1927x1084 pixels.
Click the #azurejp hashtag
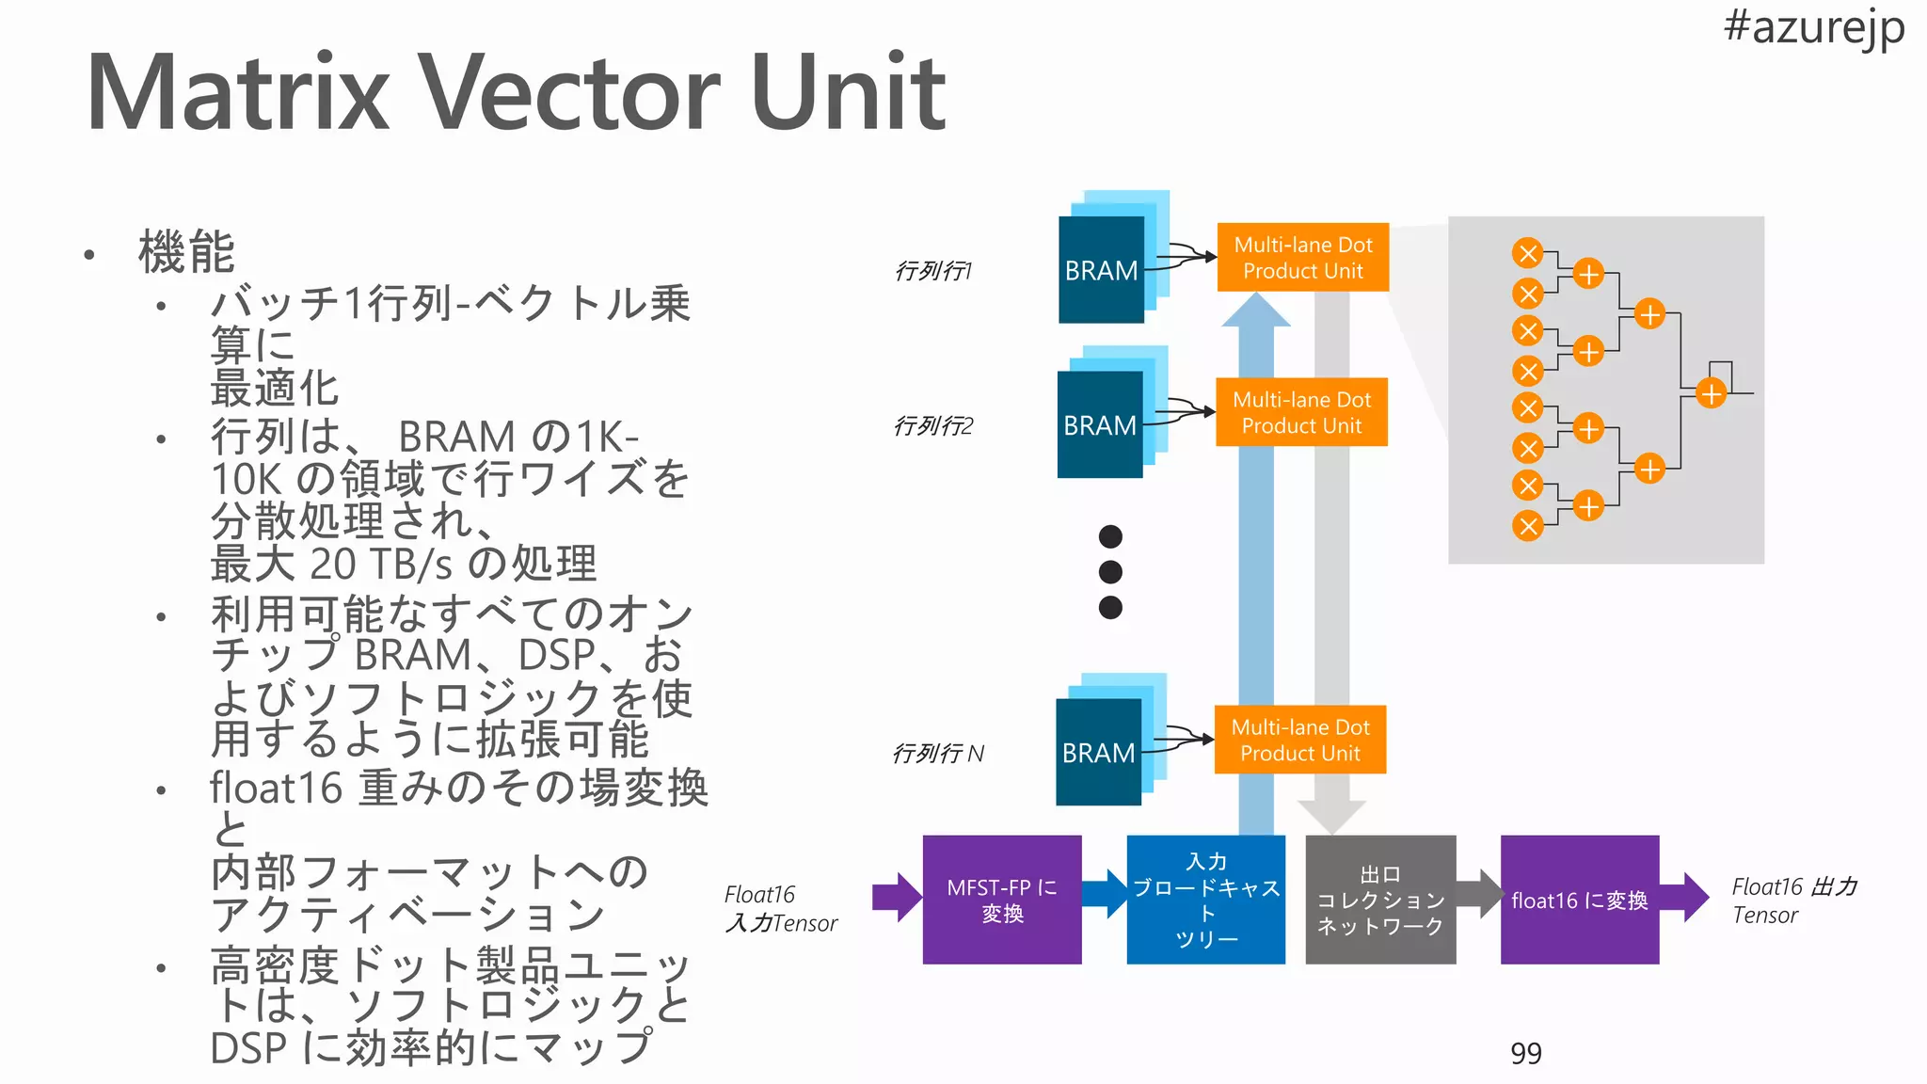(x=1813, y=26)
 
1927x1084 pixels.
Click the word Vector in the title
(x=569, y=93)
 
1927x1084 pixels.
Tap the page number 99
(x=1525, y=1053)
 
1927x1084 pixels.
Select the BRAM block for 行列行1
(x=1101, y=270)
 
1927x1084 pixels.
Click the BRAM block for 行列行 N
(x=1098, y=752)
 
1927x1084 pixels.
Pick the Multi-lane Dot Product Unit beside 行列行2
(x=1301, y=412)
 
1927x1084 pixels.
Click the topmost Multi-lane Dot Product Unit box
(x=1302, y=257)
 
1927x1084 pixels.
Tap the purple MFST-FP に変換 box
(x=1001, y=900)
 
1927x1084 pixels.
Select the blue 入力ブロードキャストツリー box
(x=1205, y=900)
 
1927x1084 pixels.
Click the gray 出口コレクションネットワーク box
(x=1379, y=900)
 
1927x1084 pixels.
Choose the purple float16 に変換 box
(x=1579, y=900)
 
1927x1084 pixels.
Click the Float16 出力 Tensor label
(x=1793, y=901)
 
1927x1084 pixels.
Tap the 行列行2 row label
(x=932, y=426)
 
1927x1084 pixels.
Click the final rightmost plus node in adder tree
(x=1711, y=392)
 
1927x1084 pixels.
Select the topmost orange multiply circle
(x=1528, y=253)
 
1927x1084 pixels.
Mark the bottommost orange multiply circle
(x=1528, y=526)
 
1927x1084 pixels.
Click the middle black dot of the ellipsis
(x=1110, y=571)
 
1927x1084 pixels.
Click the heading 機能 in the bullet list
(x=186, y=252)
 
